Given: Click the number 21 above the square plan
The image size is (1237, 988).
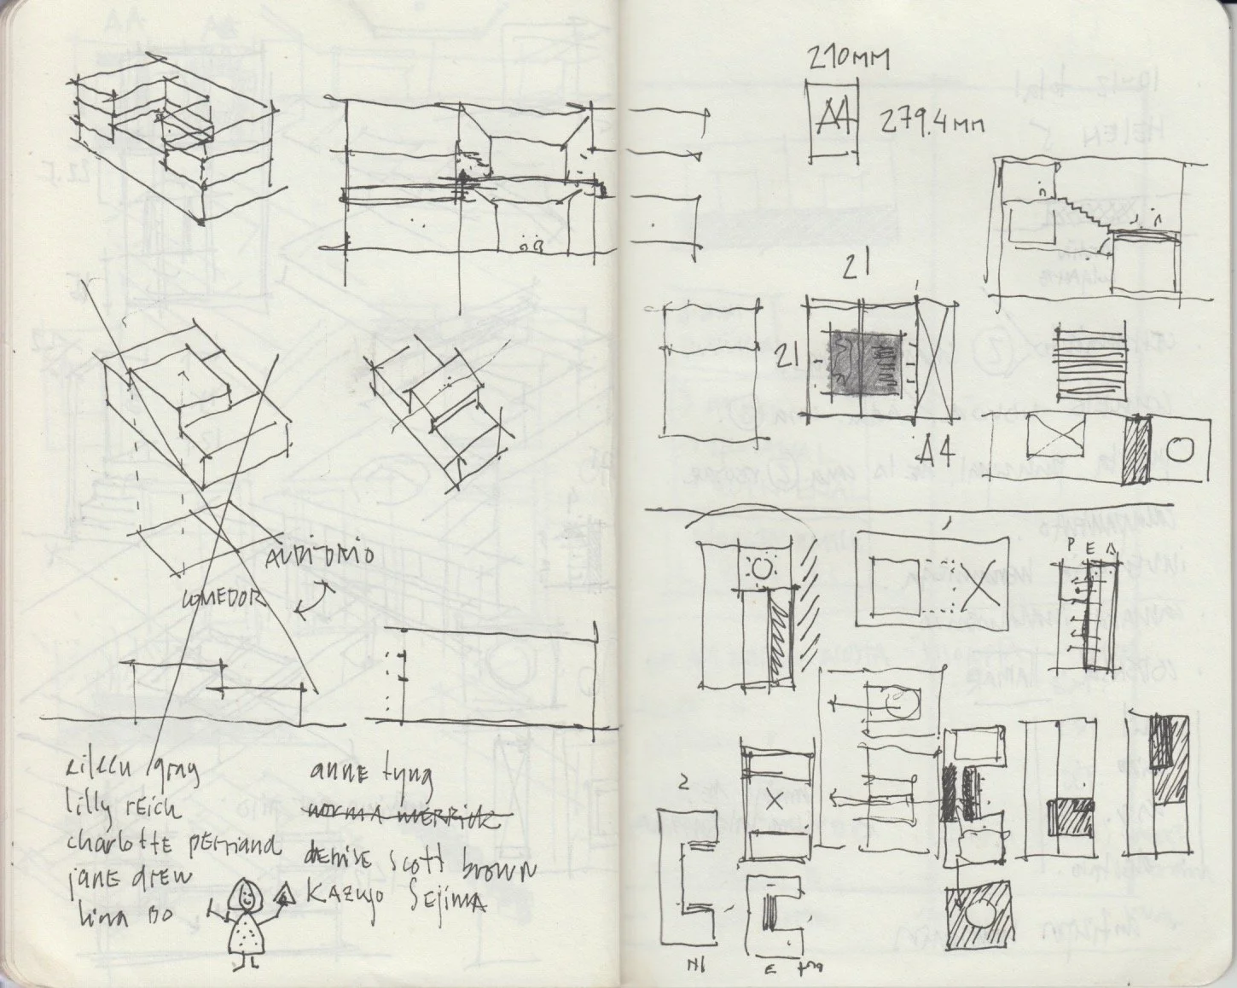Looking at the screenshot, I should [856, 267].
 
